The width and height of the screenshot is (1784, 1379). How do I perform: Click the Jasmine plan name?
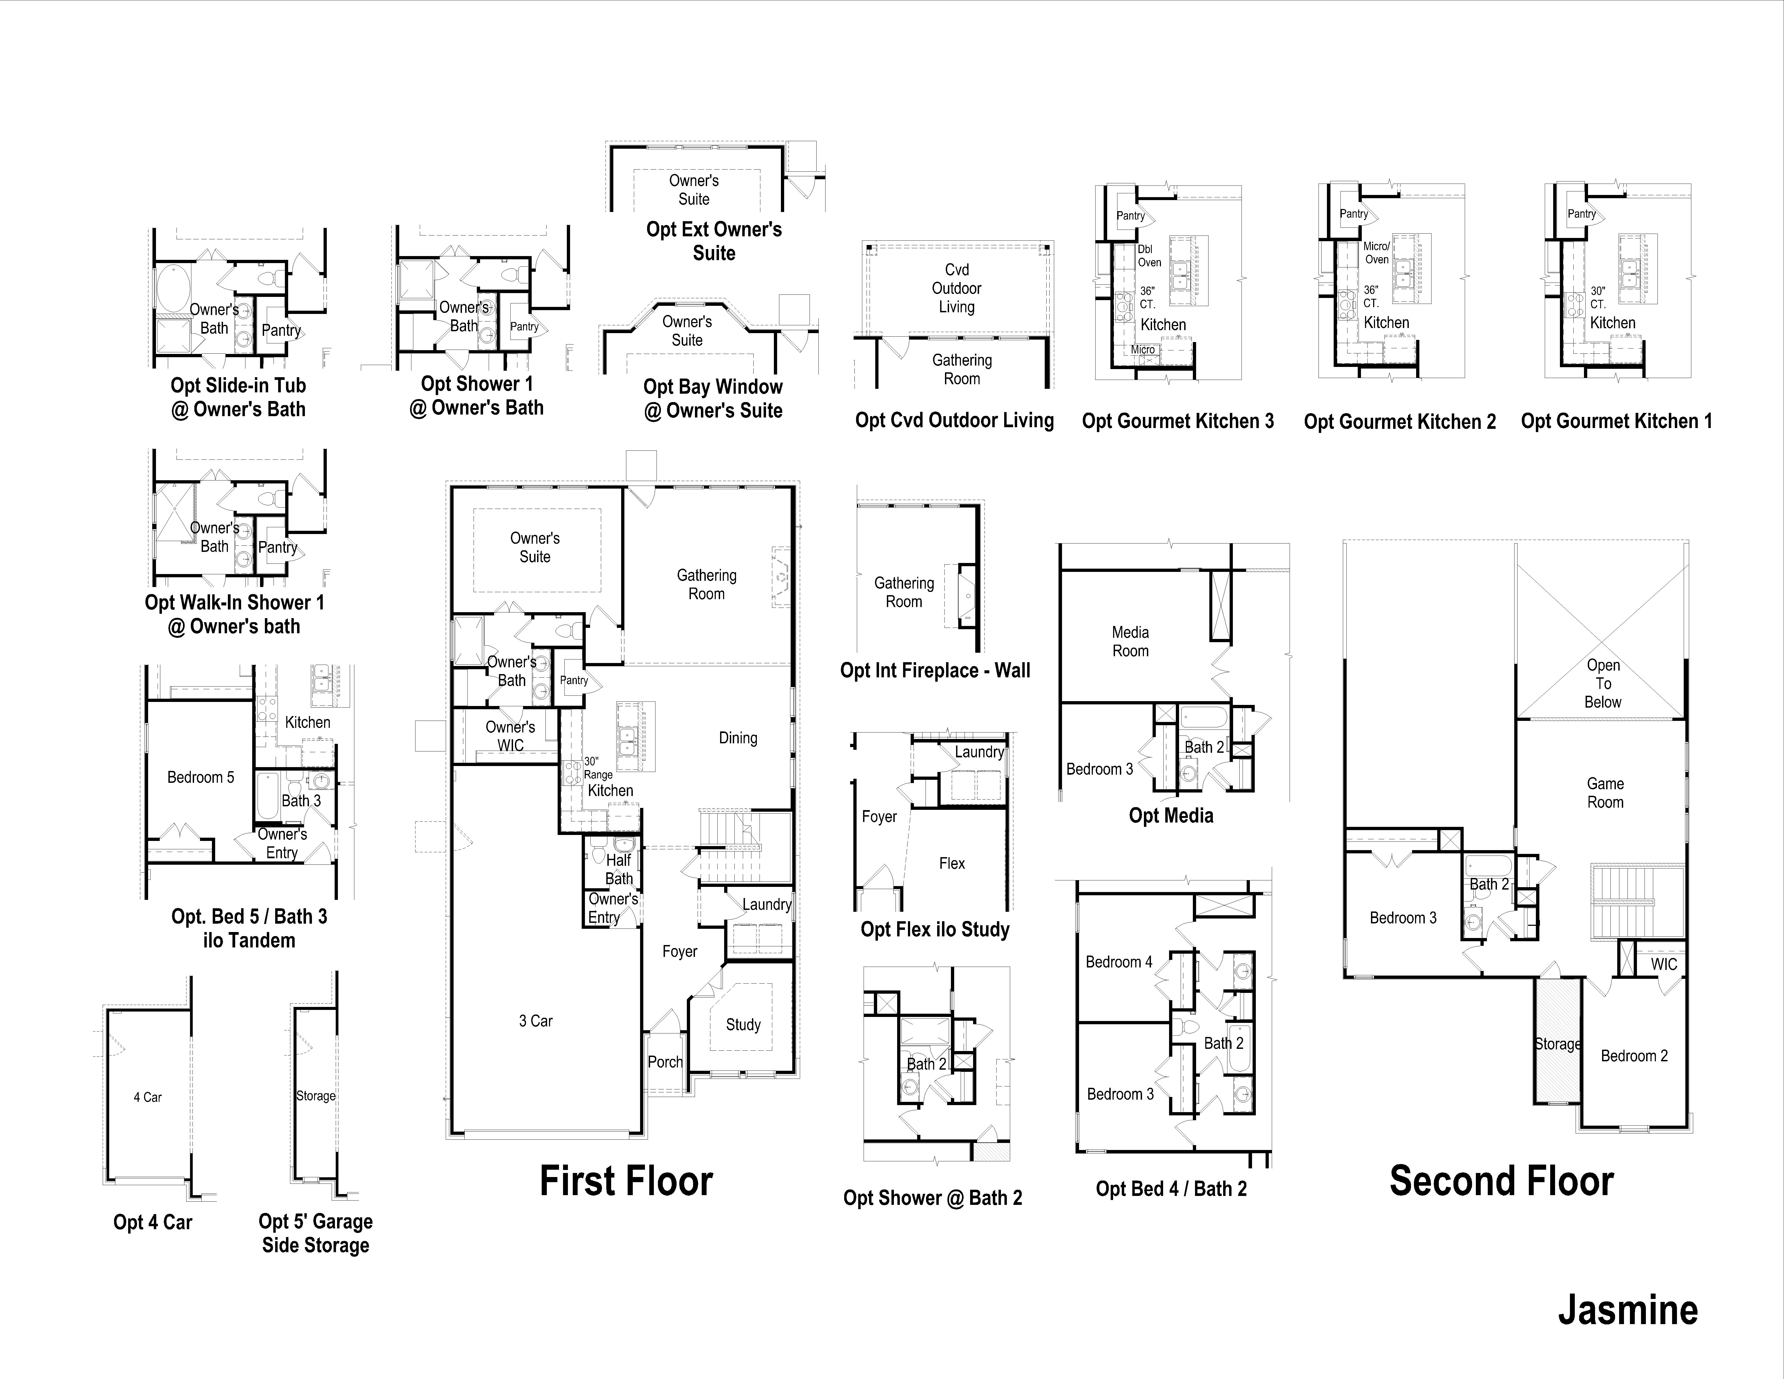1628,1310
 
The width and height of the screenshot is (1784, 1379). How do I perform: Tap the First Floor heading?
627,1181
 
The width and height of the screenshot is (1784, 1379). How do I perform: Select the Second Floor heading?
1501,1181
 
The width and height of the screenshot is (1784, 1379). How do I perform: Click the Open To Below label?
1603,684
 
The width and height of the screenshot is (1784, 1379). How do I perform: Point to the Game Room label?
1605,793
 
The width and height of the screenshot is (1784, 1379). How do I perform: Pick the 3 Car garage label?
536,1021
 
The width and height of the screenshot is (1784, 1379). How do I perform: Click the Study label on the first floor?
743,1025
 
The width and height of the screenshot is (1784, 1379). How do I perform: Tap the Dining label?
738,738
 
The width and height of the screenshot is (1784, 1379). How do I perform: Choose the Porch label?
665,1062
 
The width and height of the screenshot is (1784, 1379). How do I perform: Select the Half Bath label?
618,869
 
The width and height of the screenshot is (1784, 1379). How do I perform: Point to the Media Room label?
1130,641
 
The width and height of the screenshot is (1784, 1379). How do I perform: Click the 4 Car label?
148,1097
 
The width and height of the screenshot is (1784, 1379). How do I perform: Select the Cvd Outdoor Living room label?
957,289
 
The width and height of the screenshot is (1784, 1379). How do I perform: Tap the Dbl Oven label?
1149,256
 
